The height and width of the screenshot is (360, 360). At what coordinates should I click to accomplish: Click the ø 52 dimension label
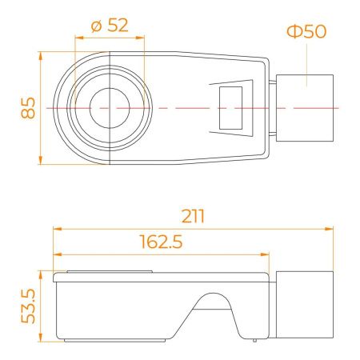[110, 26]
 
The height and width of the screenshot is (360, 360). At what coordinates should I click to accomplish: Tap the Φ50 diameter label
[306, 31]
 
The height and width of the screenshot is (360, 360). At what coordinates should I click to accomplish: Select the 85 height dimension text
[28, 108]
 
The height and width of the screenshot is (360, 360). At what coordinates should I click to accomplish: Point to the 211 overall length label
[193, 216]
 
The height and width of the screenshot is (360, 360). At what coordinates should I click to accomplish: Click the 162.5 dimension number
[161, 242]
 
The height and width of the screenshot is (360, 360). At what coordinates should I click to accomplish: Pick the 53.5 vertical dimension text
[28, 306]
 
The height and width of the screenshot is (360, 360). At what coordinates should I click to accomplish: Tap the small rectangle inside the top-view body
[230, 108]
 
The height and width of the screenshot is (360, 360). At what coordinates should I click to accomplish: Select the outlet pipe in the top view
[305, 108]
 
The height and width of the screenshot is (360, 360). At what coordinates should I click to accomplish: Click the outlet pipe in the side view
[305, 305]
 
